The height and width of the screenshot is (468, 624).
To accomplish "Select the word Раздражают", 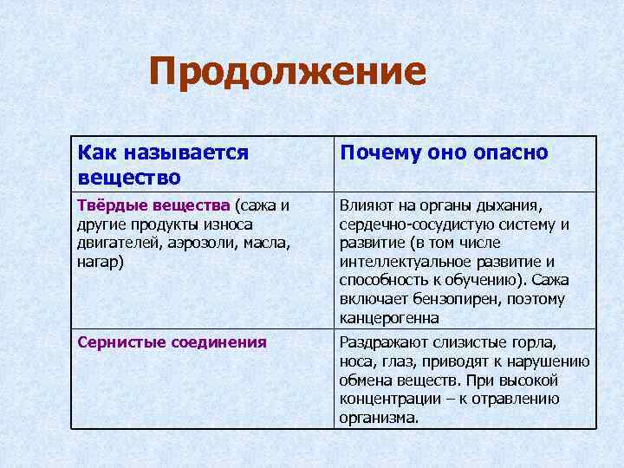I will point(381,342).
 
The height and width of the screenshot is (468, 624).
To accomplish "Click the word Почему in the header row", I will point(377,153).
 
